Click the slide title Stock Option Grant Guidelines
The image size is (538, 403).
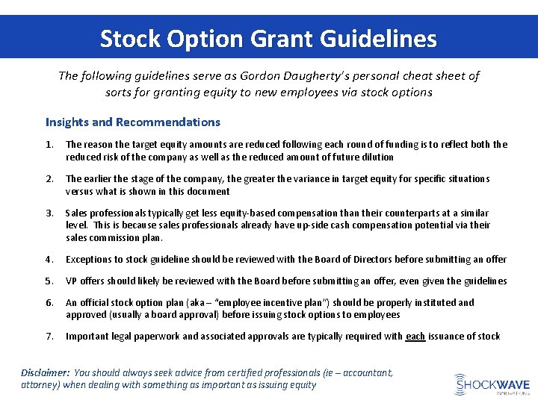268,38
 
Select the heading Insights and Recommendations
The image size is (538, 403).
133,122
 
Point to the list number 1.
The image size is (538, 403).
49,145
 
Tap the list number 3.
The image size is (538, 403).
49,213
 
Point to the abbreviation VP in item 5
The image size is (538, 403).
72,281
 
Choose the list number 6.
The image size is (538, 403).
49,303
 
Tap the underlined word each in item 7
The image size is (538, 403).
415,337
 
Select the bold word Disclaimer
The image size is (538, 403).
45,372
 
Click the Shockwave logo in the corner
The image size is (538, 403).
492,384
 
